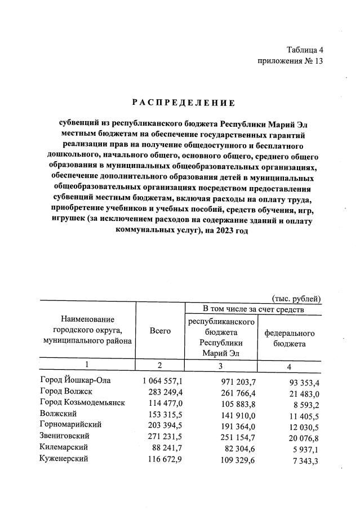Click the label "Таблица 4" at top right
coord(305,49)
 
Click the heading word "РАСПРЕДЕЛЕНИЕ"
coord(183,103)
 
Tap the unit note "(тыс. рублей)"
coord(296,298)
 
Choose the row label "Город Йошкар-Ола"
coord(75,380)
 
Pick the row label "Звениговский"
coord(65,436)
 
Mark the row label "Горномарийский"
coord(70,425)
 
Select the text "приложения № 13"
coord(290,61)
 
